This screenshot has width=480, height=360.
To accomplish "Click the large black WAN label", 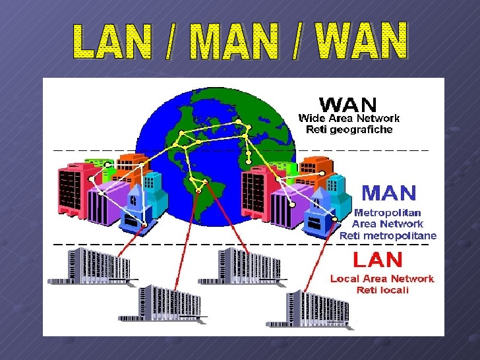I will coord(347,105).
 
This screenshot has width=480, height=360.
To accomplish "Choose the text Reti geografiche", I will coord(349,130).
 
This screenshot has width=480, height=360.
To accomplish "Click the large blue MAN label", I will coord(389,193).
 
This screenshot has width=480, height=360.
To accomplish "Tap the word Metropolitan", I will coord(388,213).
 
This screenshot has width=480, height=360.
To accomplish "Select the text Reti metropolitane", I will coord(388,235).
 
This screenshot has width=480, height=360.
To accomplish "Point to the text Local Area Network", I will coord(382,279).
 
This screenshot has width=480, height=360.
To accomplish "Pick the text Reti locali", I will coord(382,290).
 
